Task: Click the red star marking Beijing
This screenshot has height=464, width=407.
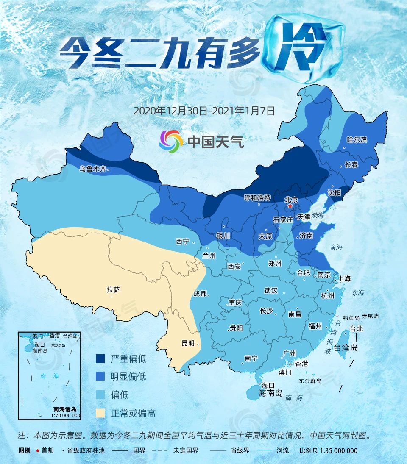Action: coord(290,206)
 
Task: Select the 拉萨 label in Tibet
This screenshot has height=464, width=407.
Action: coord(113,290)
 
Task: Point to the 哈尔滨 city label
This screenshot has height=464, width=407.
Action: coord(357,140)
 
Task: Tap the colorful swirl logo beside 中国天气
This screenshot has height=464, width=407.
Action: coord(171,141)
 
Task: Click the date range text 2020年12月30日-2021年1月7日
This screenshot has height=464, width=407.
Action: coord(205,111)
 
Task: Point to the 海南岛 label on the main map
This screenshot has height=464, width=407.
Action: coord(270,393)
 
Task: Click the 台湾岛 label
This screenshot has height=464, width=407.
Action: coord(346,348)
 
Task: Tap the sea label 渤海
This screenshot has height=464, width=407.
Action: coord(318,216)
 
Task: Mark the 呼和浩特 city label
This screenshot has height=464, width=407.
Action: coord(257,198)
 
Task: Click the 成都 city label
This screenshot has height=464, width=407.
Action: coord(200,293)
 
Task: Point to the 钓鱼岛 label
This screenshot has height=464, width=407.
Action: coord(351,317)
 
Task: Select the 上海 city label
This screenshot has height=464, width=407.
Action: coord(345,278)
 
